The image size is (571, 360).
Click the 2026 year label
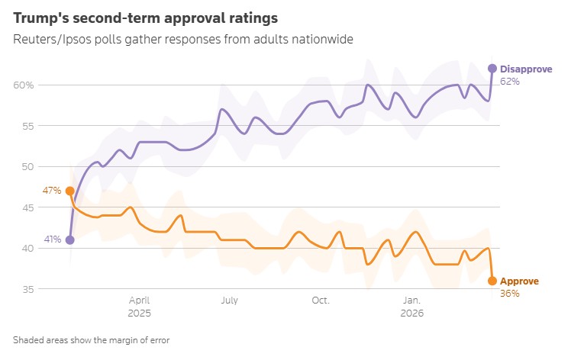click(411, 313)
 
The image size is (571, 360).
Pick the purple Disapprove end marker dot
click(492, 69)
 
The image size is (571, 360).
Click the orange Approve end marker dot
click(492, 281)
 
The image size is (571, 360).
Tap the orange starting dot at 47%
click(70, 191)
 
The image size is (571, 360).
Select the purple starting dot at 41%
click(70, 239)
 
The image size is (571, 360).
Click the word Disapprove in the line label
click(526, 69)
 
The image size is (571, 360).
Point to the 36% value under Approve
click(510, 293)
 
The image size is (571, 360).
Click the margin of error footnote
click(91, 340)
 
